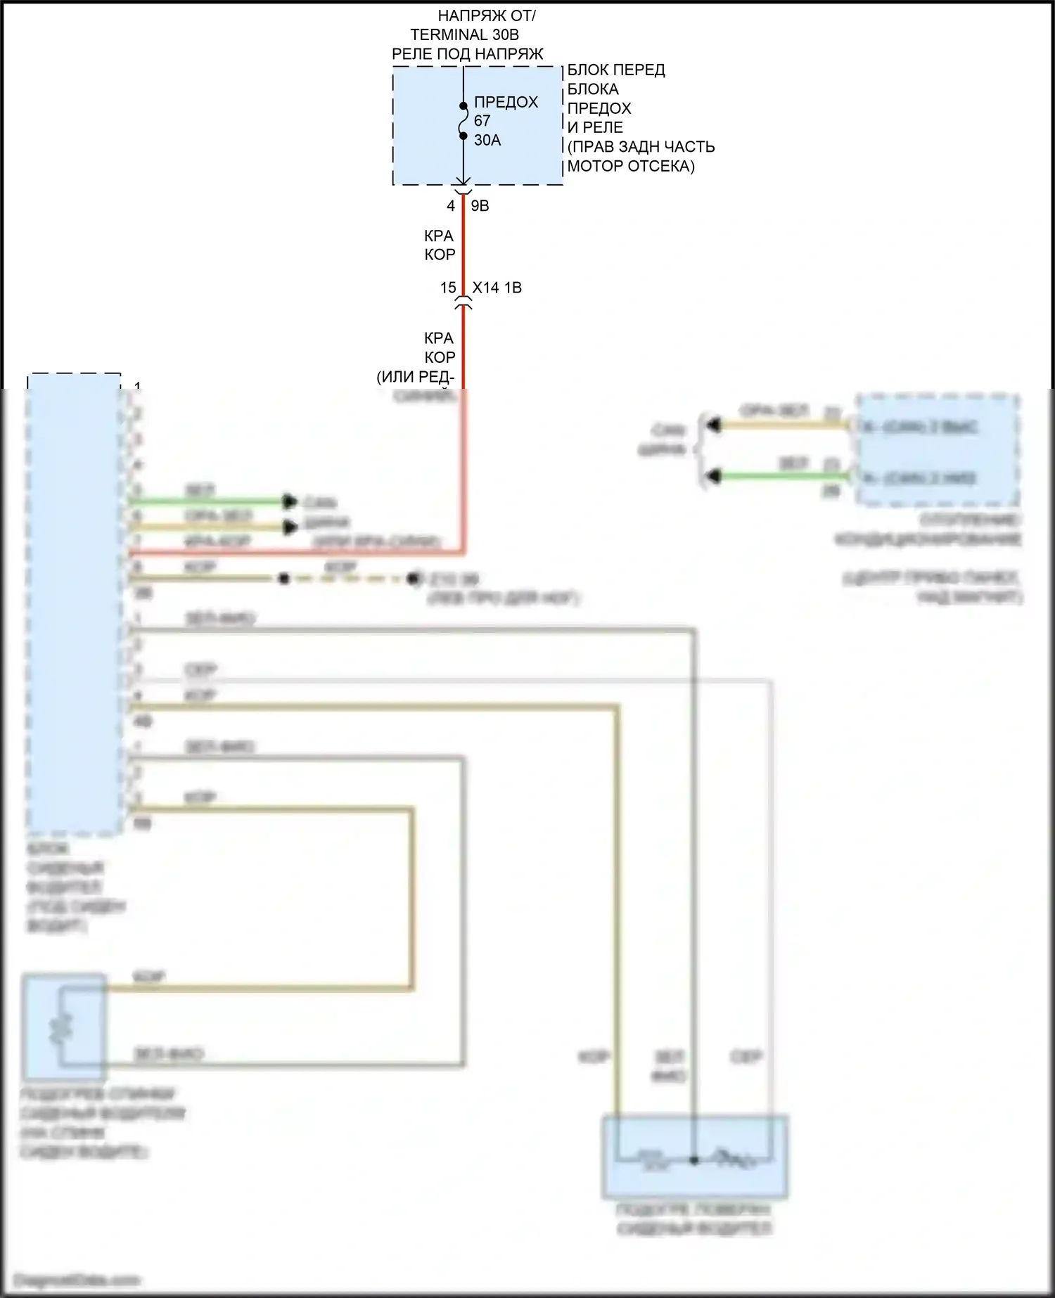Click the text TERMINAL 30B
[x=464, y=34]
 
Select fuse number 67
[x=482, y=121]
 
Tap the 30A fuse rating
[x=487, y=141]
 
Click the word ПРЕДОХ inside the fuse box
[x=506, y=102]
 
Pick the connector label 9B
[x=480, y=206]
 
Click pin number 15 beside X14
[x=448, y=288]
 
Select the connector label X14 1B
[x=497, y=288]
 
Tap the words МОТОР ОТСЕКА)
[x=630, y=167]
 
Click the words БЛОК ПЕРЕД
[x=615, y=70]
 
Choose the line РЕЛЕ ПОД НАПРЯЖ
[x=467, y=54]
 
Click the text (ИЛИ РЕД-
[x=415, y=377]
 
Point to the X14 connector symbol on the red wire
[x=463, y=304]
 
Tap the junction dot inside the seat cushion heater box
[x=694, y=1160]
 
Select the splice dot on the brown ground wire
[x=283, y=579]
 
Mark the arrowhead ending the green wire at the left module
[x=289, y=501]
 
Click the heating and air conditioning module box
[x=937, y=451]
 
